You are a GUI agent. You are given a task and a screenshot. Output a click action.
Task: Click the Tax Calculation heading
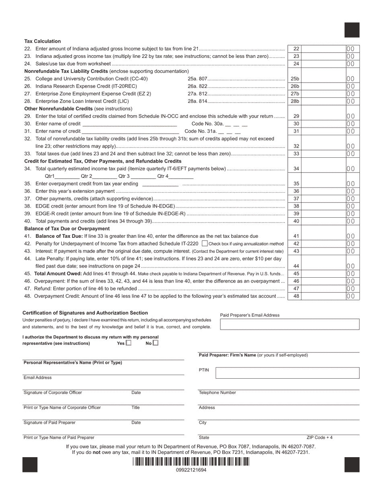click(x=43, y=41)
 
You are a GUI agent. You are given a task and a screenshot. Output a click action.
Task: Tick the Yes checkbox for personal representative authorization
click(x=129, y=343)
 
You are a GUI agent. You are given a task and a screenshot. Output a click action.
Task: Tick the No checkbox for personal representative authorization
click(x=156, y=343)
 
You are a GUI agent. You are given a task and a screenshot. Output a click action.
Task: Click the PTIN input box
click(x=287, y=373)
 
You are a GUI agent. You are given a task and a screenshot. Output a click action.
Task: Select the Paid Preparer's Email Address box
click(x=290, y=324)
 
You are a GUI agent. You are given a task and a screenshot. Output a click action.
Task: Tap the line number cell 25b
click(x=295, y=79)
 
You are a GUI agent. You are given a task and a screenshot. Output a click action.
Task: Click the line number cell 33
click(x=296, y=154)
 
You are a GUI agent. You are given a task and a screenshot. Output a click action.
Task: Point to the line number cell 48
click(x=296, y=296)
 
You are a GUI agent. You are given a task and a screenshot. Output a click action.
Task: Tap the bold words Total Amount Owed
click(x=54, y=274)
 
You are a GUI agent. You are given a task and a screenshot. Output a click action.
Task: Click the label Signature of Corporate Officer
click(x=53, y=392)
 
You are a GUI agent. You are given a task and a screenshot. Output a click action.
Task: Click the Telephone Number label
click(x=217, y=392)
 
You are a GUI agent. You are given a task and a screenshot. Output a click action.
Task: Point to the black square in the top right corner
click(x=352, y=30)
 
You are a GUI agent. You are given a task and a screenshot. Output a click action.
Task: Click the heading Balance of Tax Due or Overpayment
click(x=67, y=229)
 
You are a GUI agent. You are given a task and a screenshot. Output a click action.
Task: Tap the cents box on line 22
click(x=351, y=49)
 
